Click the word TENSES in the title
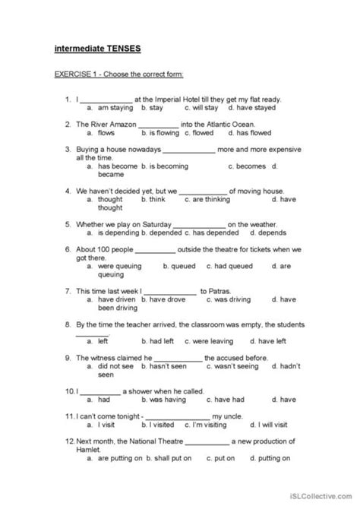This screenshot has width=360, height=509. tap(122, 49)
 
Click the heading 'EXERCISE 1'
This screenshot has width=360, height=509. tap(78, 75)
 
